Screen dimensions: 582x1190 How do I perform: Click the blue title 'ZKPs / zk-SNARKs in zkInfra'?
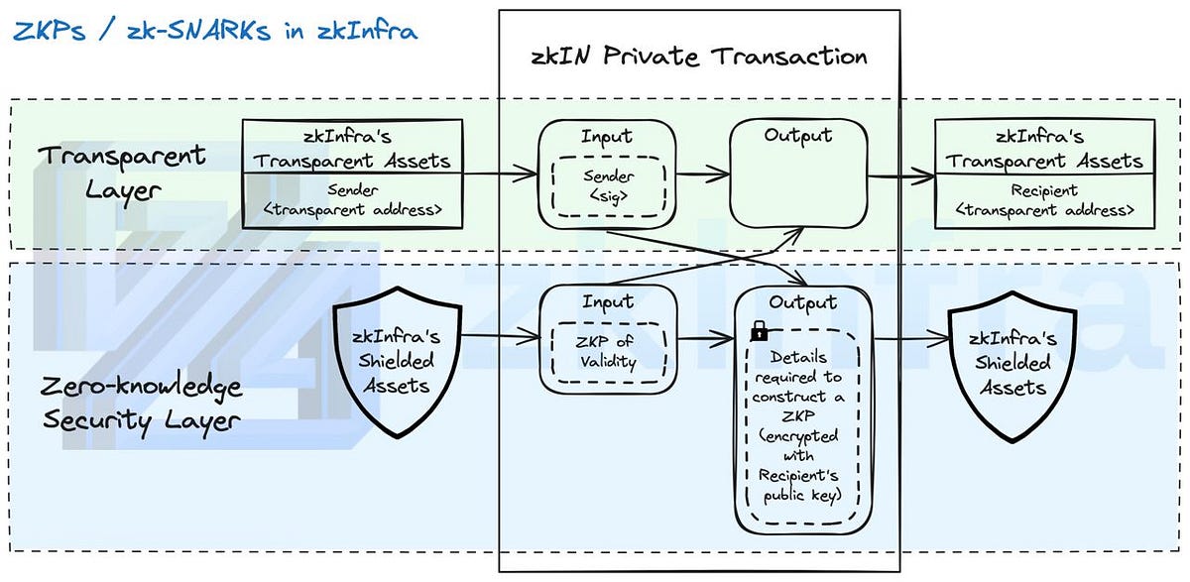tap(215, 30)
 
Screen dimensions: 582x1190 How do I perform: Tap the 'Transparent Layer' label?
tap(122, 171)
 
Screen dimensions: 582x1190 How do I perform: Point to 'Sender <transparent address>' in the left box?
tap(354, 199)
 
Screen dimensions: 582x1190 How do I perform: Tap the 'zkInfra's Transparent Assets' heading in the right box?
tap(1043, 149)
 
